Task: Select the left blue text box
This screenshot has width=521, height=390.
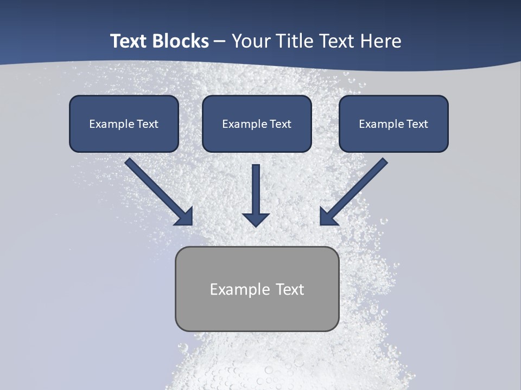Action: pyautogui.click(x=124, y=123)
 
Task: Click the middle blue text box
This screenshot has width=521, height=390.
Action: pyautogui.click(x=257, y=123)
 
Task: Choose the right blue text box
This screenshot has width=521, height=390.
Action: pyautogui.click(x=393, y=123)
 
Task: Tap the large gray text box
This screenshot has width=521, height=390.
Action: pyautogui.click(x=257, y=289)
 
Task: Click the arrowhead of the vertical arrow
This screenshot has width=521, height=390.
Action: pyautogui.click(x=256, y=219)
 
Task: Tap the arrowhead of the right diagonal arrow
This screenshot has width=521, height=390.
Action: pyautogui.click(x=327, y=217)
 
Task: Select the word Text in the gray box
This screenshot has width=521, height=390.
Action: pyautogui.click(x=290, y=289)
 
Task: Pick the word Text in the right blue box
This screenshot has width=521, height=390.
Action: pyautogui.click(x=417, y=124)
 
